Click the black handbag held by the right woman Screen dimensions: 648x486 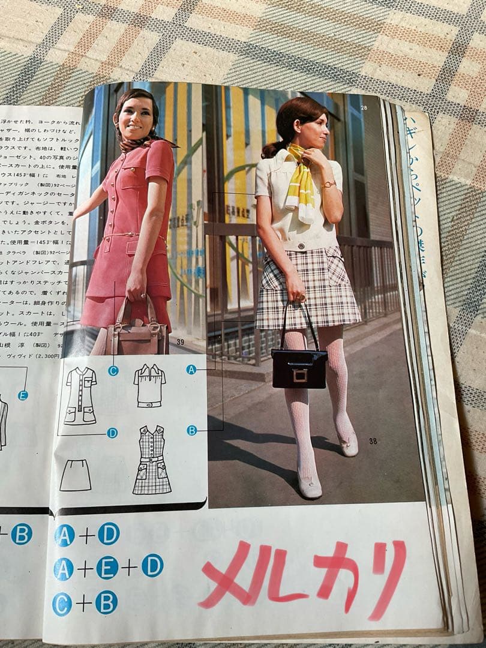299,367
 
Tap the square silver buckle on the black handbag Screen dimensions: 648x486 300,375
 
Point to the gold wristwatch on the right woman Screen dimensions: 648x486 328,184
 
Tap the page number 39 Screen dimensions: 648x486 180,342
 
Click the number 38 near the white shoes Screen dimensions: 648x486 373,442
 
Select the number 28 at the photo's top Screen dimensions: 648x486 364,107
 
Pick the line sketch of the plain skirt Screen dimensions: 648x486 76,475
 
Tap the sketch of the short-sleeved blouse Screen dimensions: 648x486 149,386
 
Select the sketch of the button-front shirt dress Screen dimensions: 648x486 80,396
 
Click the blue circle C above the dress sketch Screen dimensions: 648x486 113,370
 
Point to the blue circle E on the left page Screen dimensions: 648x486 23,395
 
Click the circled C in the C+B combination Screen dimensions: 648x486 62,604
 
